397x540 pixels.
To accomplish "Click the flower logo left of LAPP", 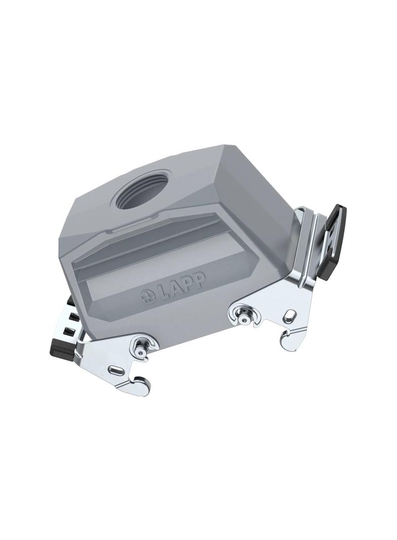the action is [148, 296].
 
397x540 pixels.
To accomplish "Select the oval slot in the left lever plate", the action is [115, 371].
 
